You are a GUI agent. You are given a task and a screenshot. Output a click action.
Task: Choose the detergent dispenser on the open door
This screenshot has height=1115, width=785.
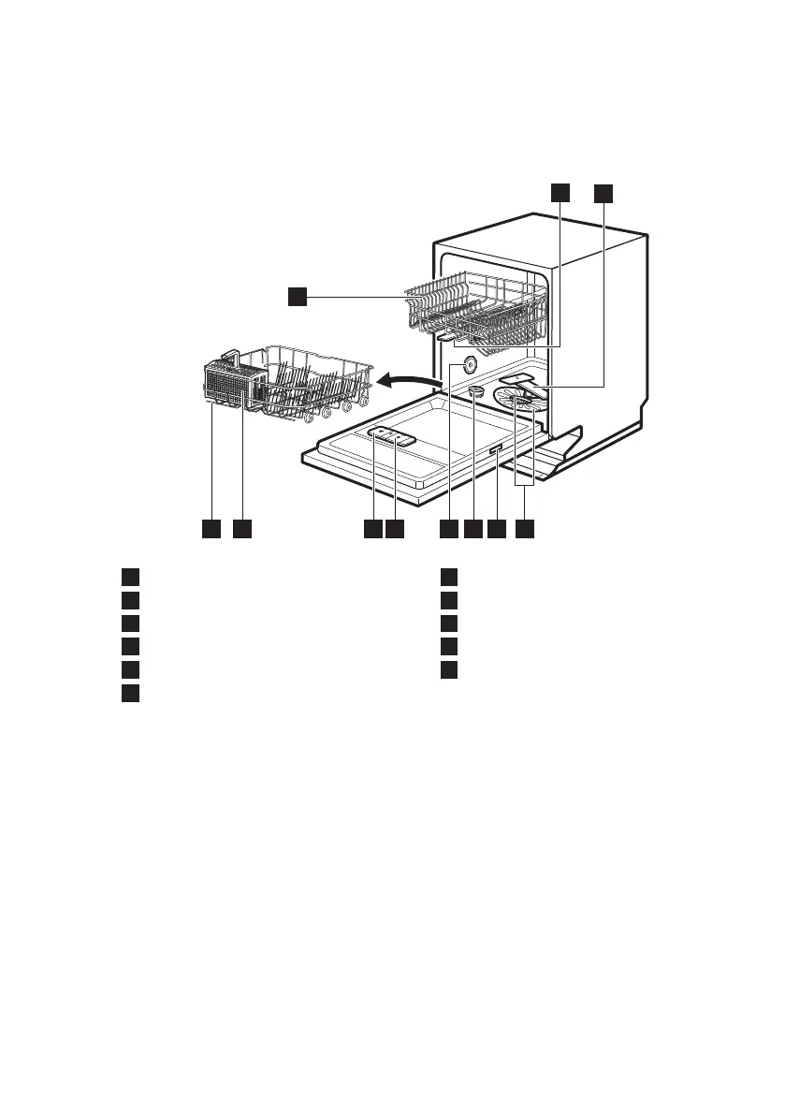click(x=393, y=437)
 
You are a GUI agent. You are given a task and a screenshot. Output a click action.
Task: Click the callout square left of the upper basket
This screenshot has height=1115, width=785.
click(x=297, y=297)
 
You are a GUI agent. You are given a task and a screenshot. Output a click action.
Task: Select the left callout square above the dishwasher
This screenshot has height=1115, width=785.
click(x=559, y=193)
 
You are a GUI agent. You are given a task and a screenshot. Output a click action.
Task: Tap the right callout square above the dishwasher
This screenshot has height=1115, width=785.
click(x=603, y=193)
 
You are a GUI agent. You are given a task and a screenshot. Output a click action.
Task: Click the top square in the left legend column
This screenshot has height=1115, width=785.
click(x=130, y=575)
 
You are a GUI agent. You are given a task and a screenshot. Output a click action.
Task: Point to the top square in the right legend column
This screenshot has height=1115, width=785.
click(x=450, y=575)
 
